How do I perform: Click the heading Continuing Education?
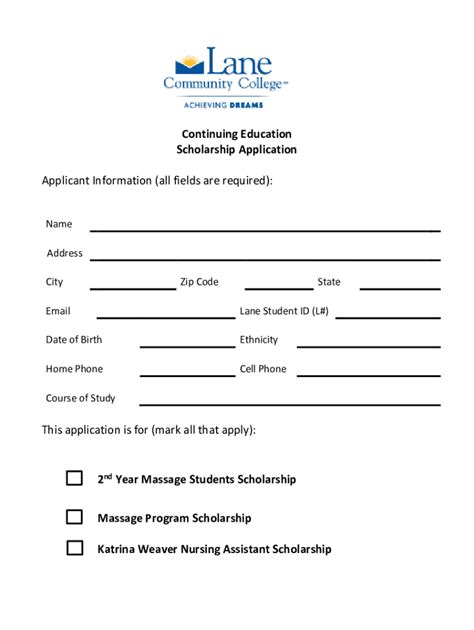(x=237, y=133)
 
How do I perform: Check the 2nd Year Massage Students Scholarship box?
(x=74, y=478)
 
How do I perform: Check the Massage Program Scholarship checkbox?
(x=74, y=517)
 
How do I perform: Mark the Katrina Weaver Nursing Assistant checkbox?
(x=74, y=548)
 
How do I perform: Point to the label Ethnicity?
(x=259, y=340)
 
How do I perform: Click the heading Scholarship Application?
(x=237, y=150)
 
